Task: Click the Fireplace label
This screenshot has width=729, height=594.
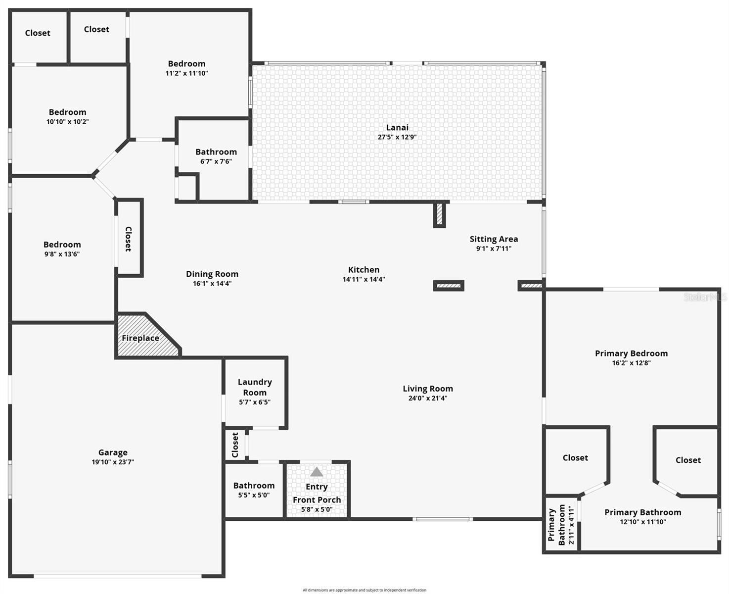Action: pyautogui.click(x=140, y=338)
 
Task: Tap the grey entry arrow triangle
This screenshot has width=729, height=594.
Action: pyautogui.click(x=317, y=472)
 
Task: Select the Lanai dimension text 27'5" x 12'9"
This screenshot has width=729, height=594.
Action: pyautogui.click(x=397, y=137)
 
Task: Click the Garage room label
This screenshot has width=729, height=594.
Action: pyautogui.click(x=113, y=452)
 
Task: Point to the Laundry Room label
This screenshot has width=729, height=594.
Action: pyautogui.click(x=255, y=387)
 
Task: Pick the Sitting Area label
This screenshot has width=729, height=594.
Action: pyautogui.click(x=494, y=239)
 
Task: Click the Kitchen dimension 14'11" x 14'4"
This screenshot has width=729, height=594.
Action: pyautogui.click(x=364, y=279)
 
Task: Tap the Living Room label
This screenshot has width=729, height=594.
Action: pyautogui.click(x=428, y=389)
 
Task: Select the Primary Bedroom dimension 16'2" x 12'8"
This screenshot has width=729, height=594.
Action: pyautogui.click(x=631, y=363)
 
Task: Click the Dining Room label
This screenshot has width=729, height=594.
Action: pyautogui.click(x=212, y=274)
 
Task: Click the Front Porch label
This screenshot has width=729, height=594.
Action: pyautogui.click(x=317, y=500)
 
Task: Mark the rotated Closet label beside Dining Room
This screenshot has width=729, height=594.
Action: pyautogui.click(x=129, y=239)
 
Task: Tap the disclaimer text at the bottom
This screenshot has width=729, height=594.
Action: pyautogui.click(x=364, y=590)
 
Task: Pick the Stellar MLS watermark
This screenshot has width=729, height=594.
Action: pyautogui.click(x=705, y=297)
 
